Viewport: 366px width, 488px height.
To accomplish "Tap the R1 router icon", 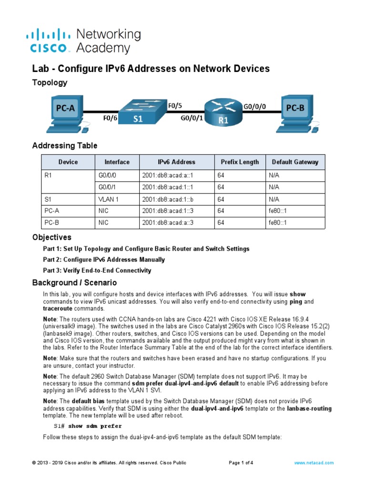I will tap(223, 112).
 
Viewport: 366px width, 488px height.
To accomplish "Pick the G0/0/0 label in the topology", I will tap(254, 108).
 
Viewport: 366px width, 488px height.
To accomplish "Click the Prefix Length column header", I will tap(240, 162).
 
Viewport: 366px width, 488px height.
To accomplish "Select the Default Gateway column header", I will tap(295, 162).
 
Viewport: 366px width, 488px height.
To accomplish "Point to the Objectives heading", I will tap(51, 237).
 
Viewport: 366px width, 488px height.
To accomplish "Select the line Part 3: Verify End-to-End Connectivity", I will tap(97, 271).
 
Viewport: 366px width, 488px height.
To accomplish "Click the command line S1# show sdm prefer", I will tap(87, 426).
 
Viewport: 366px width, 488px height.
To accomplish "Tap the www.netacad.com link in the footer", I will tap(314, 463).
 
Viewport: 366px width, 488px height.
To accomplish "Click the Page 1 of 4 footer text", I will tap(241, 463).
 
